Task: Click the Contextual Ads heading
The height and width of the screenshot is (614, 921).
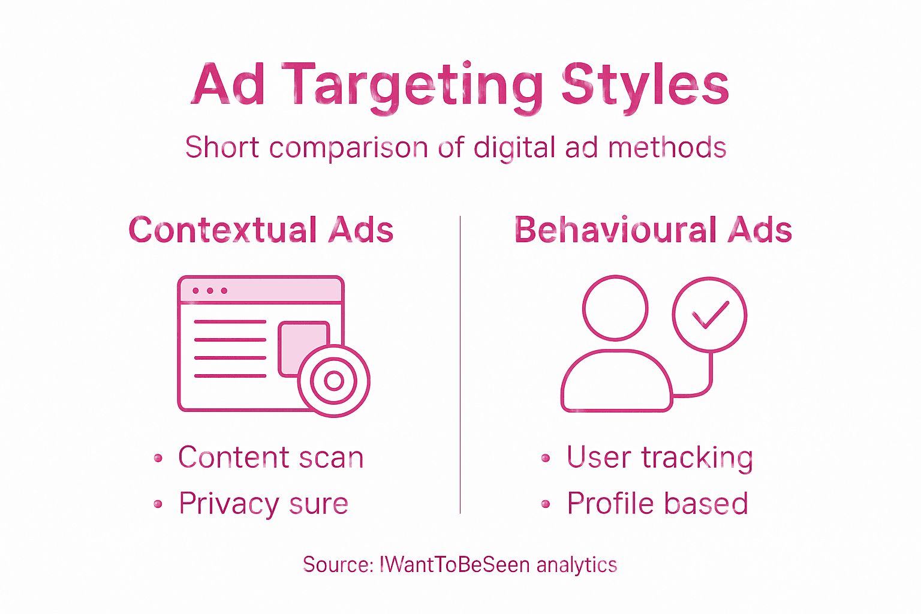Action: [x=261, y=230]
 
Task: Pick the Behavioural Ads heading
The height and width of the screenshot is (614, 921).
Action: [x=653, y=230]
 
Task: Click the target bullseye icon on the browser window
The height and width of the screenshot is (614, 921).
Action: [x=333, y=381]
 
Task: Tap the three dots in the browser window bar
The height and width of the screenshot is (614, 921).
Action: [x=210, y=291]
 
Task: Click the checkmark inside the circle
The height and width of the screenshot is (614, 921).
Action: [x=710, y=314]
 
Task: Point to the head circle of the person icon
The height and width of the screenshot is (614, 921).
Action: [x=615, y=308]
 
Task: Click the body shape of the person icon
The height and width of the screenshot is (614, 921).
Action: [x=616, y=384]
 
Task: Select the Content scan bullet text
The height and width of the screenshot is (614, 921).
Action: [x=270, y=458]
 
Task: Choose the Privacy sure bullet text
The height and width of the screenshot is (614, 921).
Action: [x=263, y=504]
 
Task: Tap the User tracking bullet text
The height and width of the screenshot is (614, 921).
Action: [x=660, y=458]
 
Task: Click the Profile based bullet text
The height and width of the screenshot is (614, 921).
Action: [x=657, y=504]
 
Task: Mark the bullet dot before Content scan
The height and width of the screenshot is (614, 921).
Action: [x=158, y=459]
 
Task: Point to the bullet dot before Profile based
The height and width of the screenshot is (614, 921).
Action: [x=546, y=504]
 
